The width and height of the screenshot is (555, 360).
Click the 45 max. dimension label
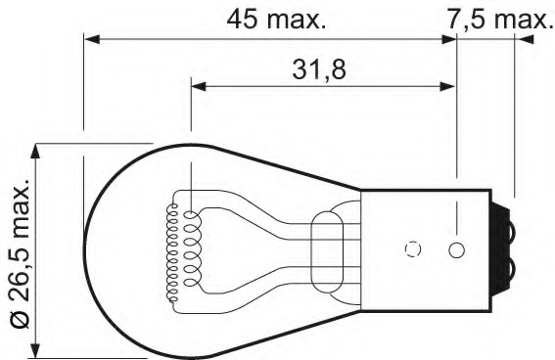tap(276, 20)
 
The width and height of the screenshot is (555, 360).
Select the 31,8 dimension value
tap(318, 69)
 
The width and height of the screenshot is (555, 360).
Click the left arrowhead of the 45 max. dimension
tap(92, 39)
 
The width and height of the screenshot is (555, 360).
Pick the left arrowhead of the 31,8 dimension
tap(199, 86)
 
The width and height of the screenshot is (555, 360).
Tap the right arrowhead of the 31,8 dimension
tap(447, 86)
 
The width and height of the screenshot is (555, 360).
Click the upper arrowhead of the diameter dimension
tap(34, 152)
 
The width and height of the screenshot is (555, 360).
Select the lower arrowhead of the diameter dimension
tap(34, 350)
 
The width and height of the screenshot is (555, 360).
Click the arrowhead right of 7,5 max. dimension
tap(526, 39)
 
